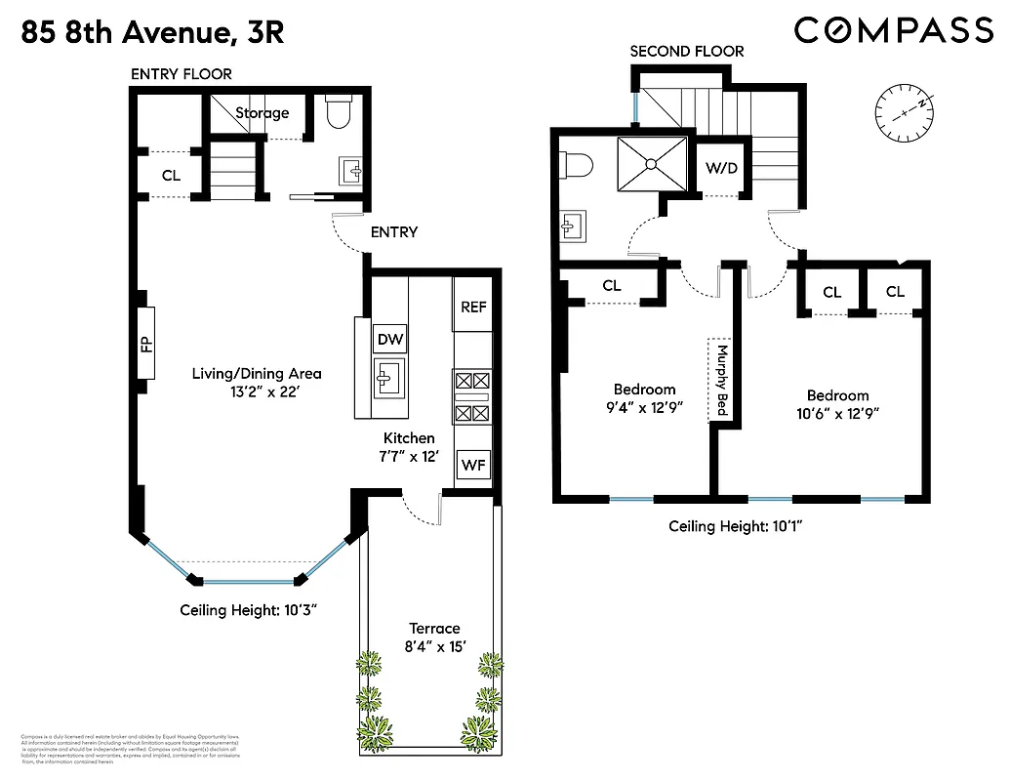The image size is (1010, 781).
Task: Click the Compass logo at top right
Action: [893, 31]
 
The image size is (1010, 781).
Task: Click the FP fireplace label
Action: [146, 343]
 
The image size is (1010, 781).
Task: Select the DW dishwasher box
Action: [391, 339]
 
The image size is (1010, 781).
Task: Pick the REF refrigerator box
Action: [473, 307]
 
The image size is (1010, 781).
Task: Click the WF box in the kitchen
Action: [473, 466]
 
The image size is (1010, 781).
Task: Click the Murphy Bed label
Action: [722, 380]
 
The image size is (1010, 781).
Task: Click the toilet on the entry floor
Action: [337, 113]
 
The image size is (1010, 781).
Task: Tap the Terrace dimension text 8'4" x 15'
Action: [433, 645]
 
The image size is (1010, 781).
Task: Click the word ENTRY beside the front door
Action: [394, 232]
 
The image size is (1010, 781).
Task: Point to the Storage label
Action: [262, 113]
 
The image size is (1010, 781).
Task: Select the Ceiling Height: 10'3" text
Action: [249, 610]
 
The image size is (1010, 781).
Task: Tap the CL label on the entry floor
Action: [171, 176]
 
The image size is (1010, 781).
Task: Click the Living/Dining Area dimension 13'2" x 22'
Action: [256, 391]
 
